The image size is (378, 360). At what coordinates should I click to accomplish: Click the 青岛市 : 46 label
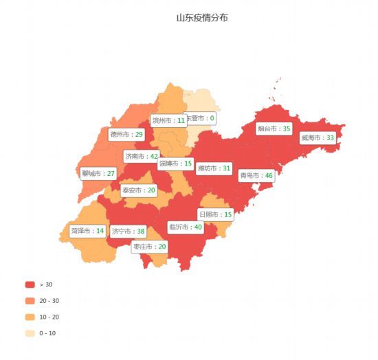(x=256, y=176)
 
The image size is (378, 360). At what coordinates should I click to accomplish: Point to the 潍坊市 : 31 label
(x=214, y=168)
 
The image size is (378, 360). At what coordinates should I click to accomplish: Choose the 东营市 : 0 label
(x=200, y=118)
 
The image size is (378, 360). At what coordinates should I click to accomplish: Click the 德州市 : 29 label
(x=126, y=134)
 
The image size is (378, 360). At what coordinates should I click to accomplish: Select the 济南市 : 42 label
(x=142, y=157)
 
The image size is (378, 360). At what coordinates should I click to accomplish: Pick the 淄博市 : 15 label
(x=175, y=164)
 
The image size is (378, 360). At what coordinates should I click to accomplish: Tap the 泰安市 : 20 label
(x=139, y=190)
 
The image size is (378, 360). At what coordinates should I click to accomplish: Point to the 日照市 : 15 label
(x=215, y=214)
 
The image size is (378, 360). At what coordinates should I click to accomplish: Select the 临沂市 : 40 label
(x=185, y=227)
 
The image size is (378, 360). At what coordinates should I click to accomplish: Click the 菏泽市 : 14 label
(x=87, y=231)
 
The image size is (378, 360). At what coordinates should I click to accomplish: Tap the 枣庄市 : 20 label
(x=149, y=247)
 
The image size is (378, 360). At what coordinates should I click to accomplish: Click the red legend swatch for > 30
(x=30, y=284)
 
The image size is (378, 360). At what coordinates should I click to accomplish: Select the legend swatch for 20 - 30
(x=30, y=301)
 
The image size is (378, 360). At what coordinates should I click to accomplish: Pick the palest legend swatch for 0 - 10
(x=30, y=334)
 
